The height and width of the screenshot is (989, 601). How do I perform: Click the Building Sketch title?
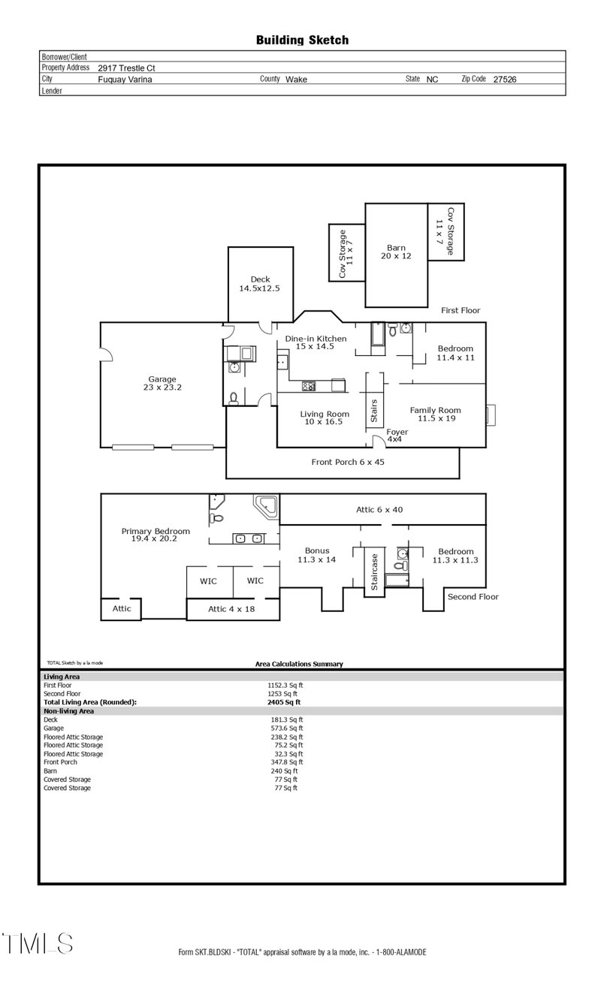click(x=302, y=40)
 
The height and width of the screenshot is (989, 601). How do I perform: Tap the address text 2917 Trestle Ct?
click(x=126, y=68)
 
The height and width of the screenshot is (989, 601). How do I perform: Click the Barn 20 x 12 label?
click(x=396, y=252)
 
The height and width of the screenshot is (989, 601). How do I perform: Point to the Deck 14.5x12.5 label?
click(x=260, y=284)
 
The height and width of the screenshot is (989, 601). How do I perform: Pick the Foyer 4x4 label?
click(x=397, y=436)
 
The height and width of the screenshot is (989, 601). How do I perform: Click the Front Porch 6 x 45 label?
click(x=347, y=462)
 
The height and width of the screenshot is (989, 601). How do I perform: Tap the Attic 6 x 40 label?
click(x=379, y=510)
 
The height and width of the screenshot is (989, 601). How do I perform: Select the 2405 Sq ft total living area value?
click(x=284, y=702)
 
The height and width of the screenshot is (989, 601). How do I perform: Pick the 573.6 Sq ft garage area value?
click(x=285, y=728)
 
